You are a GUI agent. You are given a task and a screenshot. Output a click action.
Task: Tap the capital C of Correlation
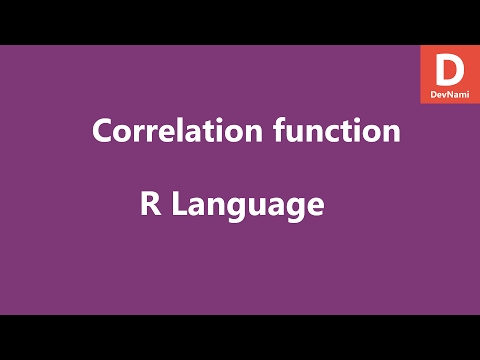click(101, 132)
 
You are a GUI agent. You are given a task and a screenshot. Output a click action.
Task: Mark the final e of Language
click(315, 208)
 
